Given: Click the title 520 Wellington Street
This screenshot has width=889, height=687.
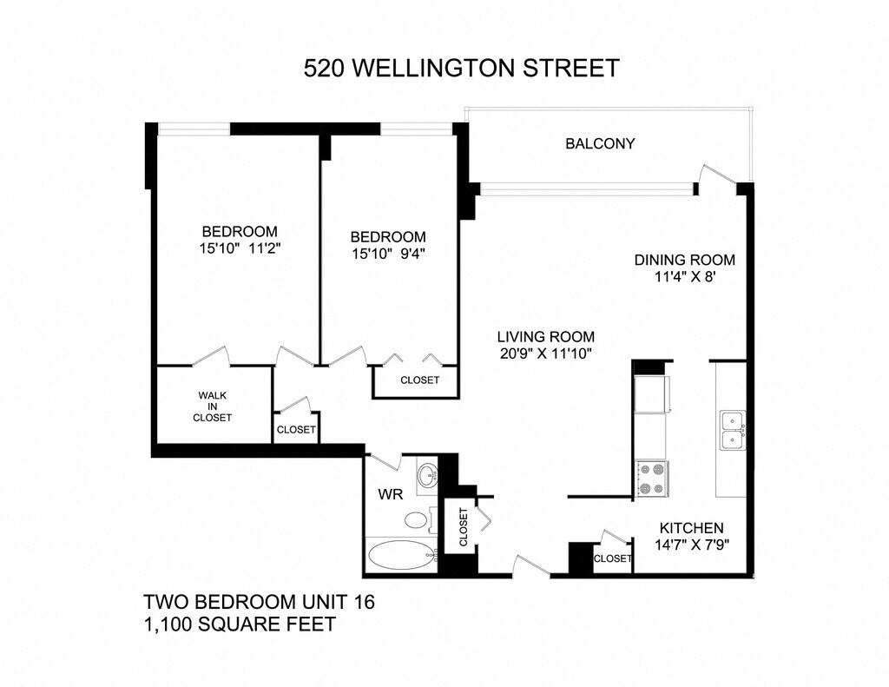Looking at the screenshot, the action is coord(462,68).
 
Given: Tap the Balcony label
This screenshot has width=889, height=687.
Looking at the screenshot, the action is coord(600,143).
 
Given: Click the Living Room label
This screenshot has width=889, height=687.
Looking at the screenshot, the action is coord(545,336).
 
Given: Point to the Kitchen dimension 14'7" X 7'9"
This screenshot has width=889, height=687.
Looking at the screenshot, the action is coord(692,545).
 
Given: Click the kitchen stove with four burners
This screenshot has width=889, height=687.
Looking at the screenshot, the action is coord(652,479).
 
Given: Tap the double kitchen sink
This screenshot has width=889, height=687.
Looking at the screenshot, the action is coord(733,431).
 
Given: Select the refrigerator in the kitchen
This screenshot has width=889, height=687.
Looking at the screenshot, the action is coord(651,393).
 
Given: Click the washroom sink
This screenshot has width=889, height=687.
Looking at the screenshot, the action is coord(427,474).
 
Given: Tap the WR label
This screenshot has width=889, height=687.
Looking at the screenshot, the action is coord(391,495).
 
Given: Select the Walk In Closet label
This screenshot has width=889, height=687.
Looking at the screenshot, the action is coord(212,406).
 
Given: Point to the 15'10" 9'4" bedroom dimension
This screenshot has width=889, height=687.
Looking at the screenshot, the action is coord(388,254).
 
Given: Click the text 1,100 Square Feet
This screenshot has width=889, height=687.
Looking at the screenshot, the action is coord(240,624).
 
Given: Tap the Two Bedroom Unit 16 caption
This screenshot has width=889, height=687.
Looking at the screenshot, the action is coord(259,601).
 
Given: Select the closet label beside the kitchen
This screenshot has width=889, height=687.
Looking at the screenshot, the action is coord(612,558).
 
